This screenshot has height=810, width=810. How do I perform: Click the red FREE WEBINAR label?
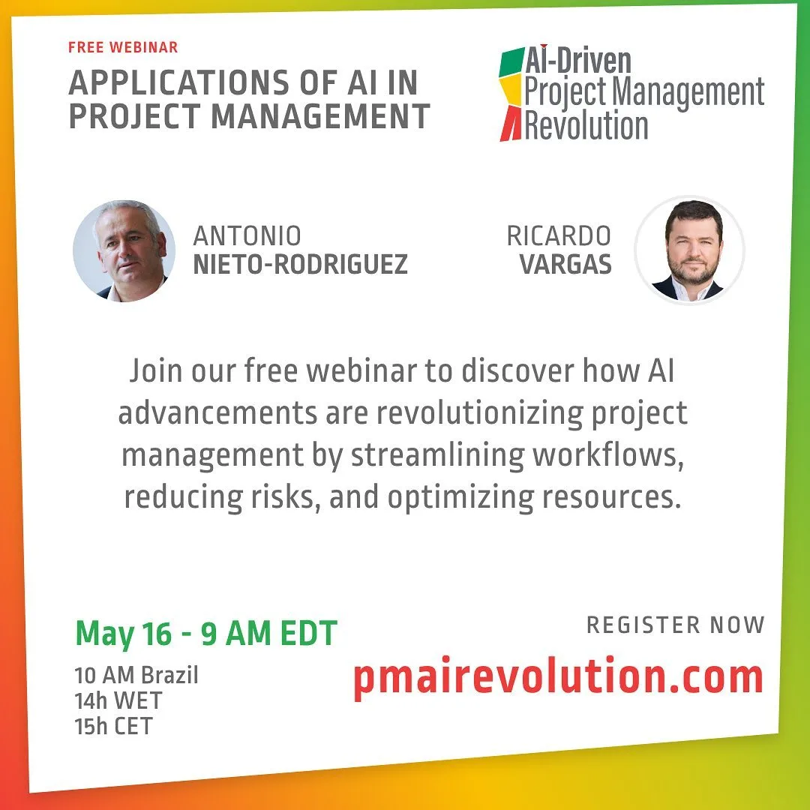[123, 47]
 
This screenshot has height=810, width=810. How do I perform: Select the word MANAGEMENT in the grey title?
[320, 115]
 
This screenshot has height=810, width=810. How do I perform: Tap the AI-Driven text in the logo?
[578, 61]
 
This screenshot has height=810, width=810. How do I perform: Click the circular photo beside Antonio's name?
[124, 250]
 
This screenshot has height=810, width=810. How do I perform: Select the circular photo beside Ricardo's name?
[690, 250]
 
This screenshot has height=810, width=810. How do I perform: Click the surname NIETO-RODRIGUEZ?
[301, 264]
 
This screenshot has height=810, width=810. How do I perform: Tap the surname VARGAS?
[565, 264]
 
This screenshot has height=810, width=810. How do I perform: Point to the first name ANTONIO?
[247, 236]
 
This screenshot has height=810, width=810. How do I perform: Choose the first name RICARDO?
[559, 236]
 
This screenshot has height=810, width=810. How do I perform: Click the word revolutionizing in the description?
[480, 412]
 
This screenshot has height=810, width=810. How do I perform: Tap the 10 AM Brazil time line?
[136, 675]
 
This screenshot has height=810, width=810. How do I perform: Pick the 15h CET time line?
[114, 726]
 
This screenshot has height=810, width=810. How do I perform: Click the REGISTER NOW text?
[675, 625]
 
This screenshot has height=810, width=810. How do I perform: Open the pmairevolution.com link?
[559, 677]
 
